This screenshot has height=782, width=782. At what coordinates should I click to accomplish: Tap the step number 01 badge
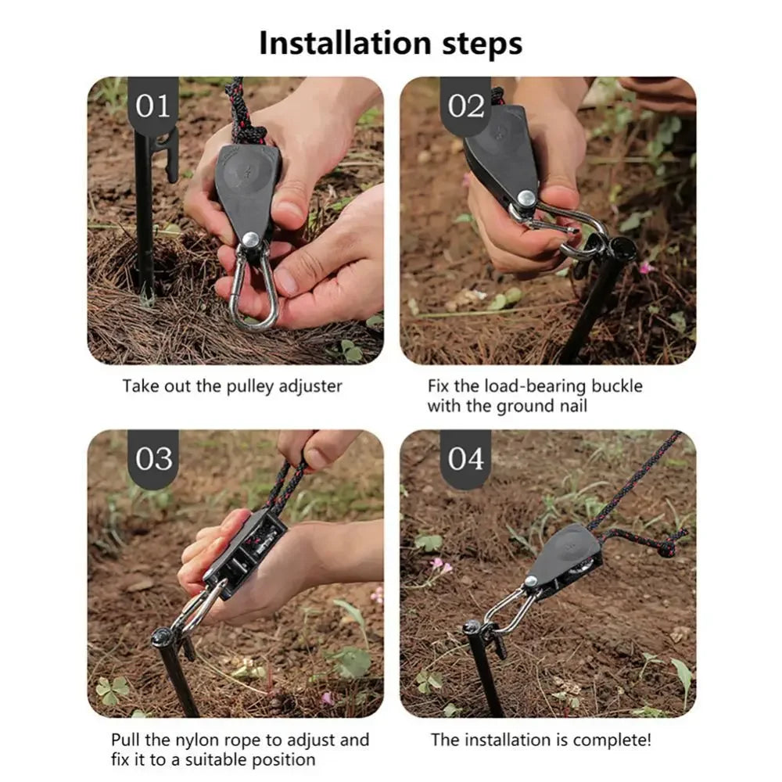pyautogui.click(x=153, y=106)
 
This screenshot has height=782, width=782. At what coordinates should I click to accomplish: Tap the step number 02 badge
pyautogui.click(x=466, y=106)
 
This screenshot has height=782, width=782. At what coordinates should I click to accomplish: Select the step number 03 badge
pyautogui.click(x=153, y=458)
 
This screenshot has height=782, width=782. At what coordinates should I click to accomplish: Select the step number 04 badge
pyautogui.click(x=466, y=458)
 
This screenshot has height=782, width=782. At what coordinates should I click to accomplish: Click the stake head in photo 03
pyautogui.click(x=162, y=636)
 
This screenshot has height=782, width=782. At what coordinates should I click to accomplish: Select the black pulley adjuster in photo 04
pyautogui.click(x=568, y=559)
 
